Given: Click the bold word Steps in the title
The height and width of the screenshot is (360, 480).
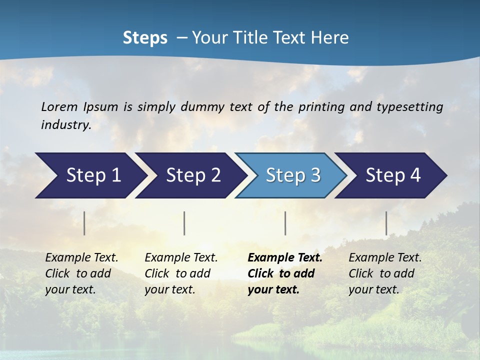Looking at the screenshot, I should point(145,38).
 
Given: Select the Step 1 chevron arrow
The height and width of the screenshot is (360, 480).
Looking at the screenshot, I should point(90,175).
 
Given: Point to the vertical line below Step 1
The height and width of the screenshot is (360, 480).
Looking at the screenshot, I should point(84,223).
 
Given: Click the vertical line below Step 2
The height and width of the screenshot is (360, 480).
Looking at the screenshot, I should point(184,223).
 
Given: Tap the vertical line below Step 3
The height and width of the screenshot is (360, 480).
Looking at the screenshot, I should point(285,223).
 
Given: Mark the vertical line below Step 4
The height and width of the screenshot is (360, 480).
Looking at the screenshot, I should point(386,223).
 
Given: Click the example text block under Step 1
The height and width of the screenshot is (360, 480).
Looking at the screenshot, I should point(81,273).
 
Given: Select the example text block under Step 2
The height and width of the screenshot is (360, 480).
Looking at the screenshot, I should point(181,273).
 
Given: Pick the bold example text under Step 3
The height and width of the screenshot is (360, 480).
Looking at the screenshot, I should point(284,273).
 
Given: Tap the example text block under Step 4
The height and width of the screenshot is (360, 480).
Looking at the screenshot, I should point(385,273).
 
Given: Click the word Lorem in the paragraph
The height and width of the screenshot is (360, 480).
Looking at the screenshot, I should point(59,107).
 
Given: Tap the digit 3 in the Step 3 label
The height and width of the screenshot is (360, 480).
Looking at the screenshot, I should point(315,175).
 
